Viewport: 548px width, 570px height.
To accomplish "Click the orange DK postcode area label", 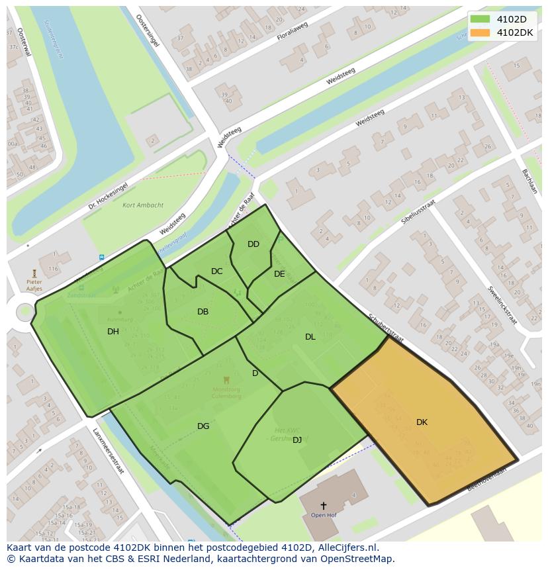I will click(x=422, y=422).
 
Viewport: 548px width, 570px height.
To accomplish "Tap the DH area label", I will click(x=113, y=332).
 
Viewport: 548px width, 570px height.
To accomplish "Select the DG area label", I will click(x=203, y=426).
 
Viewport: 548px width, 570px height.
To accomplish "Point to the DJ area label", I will click(x=297, y=440).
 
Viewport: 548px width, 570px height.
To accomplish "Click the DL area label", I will click(x=310, y=337).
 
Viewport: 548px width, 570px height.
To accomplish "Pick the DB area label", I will click(x=203, y=312).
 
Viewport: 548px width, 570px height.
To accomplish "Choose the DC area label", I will click(x=217, y=271).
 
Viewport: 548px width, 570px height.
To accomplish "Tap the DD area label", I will click(x=253, y=244).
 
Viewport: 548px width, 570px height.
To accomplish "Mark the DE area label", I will click(x=279, y=274).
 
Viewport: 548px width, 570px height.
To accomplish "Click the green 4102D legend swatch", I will click(x=480, y=19).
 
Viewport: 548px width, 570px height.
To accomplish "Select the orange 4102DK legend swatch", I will click(x=480, y=32).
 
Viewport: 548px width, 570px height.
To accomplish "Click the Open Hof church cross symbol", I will click(x=323, y=506).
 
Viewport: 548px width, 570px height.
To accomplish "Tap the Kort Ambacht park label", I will click(x=143, y=205).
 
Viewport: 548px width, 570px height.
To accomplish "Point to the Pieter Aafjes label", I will click(x=34, y=285).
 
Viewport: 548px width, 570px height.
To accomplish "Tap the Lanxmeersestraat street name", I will click(x=109, y=451).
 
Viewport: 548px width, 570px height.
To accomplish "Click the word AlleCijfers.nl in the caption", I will click(x=346, y=547).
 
